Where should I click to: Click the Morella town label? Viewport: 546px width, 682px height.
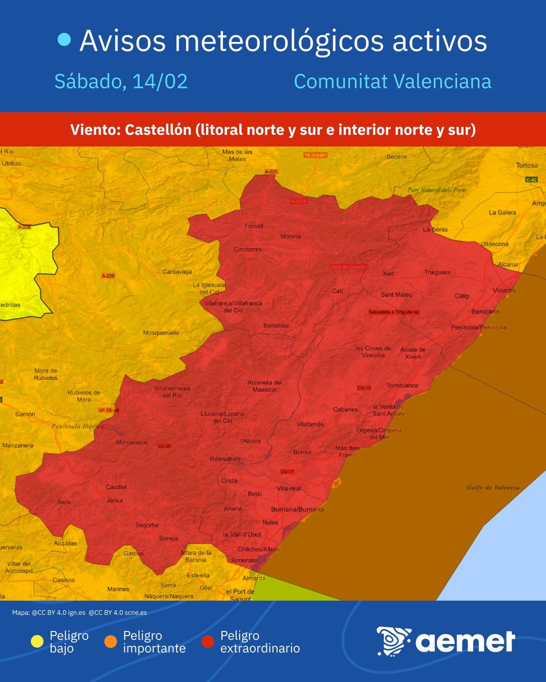pos(291,236)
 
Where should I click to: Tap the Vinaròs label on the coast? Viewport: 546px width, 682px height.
pos(504,290)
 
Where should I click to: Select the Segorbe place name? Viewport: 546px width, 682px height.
pos(147,525)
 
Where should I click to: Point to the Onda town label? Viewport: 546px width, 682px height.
pos(229,480)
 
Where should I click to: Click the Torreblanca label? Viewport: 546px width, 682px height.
pos(402,385)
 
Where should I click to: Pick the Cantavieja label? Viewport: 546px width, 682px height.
pos(177,272)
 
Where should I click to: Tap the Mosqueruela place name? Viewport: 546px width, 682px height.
pos(161,333)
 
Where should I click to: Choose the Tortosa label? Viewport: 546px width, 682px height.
pos(527,165)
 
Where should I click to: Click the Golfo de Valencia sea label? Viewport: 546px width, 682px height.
pos(493,488)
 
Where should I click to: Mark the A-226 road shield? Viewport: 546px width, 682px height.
pos(108,276)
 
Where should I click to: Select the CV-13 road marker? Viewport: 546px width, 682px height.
pos(364,388)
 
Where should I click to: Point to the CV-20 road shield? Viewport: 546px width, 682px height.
pos(165,446)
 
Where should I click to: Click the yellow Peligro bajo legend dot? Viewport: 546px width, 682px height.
pos(37,642)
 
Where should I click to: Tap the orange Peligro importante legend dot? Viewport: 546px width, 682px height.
pos(110,642)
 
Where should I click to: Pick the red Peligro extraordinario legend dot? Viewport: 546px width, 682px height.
pos(208,642)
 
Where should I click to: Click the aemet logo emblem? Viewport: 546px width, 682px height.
pos(393,641)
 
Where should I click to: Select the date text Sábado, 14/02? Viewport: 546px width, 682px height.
pos(121,81)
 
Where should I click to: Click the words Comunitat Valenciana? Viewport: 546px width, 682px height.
pos(392,81)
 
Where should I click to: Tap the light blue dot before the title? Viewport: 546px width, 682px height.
pos(64,40)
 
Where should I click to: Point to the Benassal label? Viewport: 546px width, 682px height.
pos(276,326)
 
